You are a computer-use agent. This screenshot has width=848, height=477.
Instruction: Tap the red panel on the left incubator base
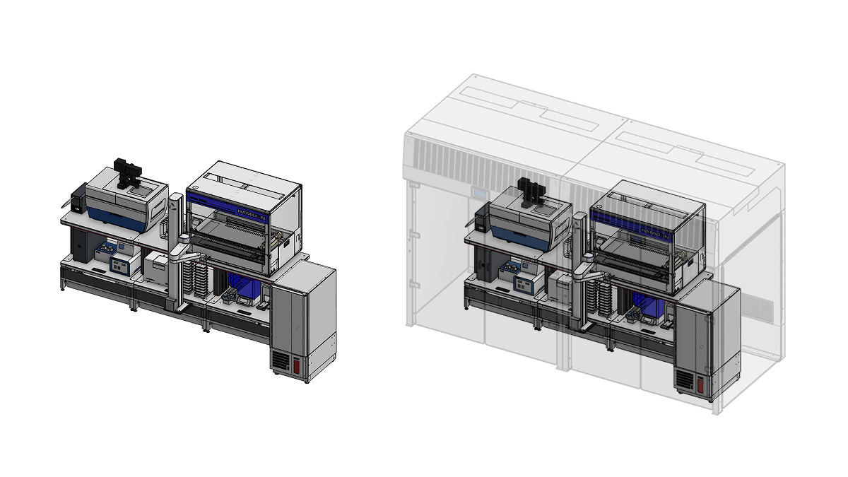coord(296,365)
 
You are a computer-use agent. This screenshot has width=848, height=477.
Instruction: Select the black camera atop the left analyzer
coord(130,173)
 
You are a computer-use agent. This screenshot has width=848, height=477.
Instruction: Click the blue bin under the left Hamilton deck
coord(247,290)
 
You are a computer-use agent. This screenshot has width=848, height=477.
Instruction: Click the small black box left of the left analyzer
coord(78,197)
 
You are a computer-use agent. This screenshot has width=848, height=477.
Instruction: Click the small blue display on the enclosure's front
coord(481,193)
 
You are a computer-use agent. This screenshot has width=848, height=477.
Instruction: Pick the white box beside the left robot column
coord(157,268)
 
